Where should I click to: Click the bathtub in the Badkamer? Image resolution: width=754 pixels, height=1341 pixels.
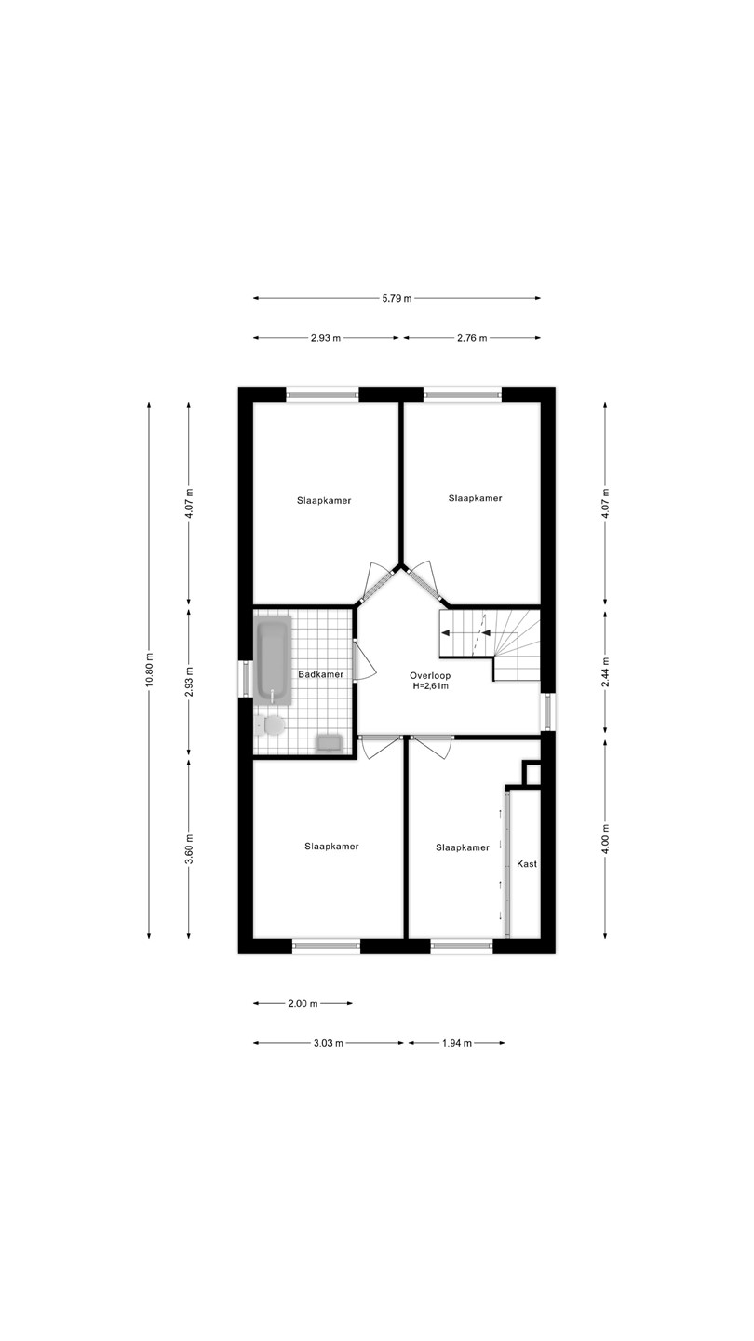(x=273, y=659)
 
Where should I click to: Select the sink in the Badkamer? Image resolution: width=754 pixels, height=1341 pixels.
(x=330, y=743)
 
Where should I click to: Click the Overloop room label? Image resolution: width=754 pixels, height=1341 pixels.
(x=430, y=676)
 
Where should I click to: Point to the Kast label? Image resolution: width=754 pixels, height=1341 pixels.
(x=527, y=864)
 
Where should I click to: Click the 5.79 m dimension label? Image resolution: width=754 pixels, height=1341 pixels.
(x=397, y=298)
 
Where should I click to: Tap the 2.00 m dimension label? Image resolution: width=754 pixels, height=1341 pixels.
(x=303, y=1003)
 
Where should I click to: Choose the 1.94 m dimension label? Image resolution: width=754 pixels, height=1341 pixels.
(x=456, y=1043)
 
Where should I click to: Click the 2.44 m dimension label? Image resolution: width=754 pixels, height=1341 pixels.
(x=606, y=670)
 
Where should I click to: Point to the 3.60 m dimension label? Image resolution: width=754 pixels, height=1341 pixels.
(x=189, y=849)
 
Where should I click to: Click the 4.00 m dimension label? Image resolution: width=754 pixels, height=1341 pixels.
(x=606, y=838)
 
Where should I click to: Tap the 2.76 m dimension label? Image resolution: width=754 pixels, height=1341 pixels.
(x=472, y=338)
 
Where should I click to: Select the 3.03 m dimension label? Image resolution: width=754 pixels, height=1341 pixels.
(x=328, y=1043)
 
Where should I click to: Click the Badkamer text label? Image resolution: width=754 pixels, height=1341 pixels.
(x=321, y=674)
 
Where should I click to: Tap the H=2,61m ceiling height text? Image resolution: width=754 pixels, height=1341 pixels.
(x=430, y=686)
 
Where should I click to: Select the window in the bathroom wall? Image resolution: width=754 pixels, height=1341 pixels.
(x=245, y=679)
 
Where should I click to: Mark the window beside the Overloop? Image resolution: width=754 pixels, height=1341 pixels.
(x=547, y=711)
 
